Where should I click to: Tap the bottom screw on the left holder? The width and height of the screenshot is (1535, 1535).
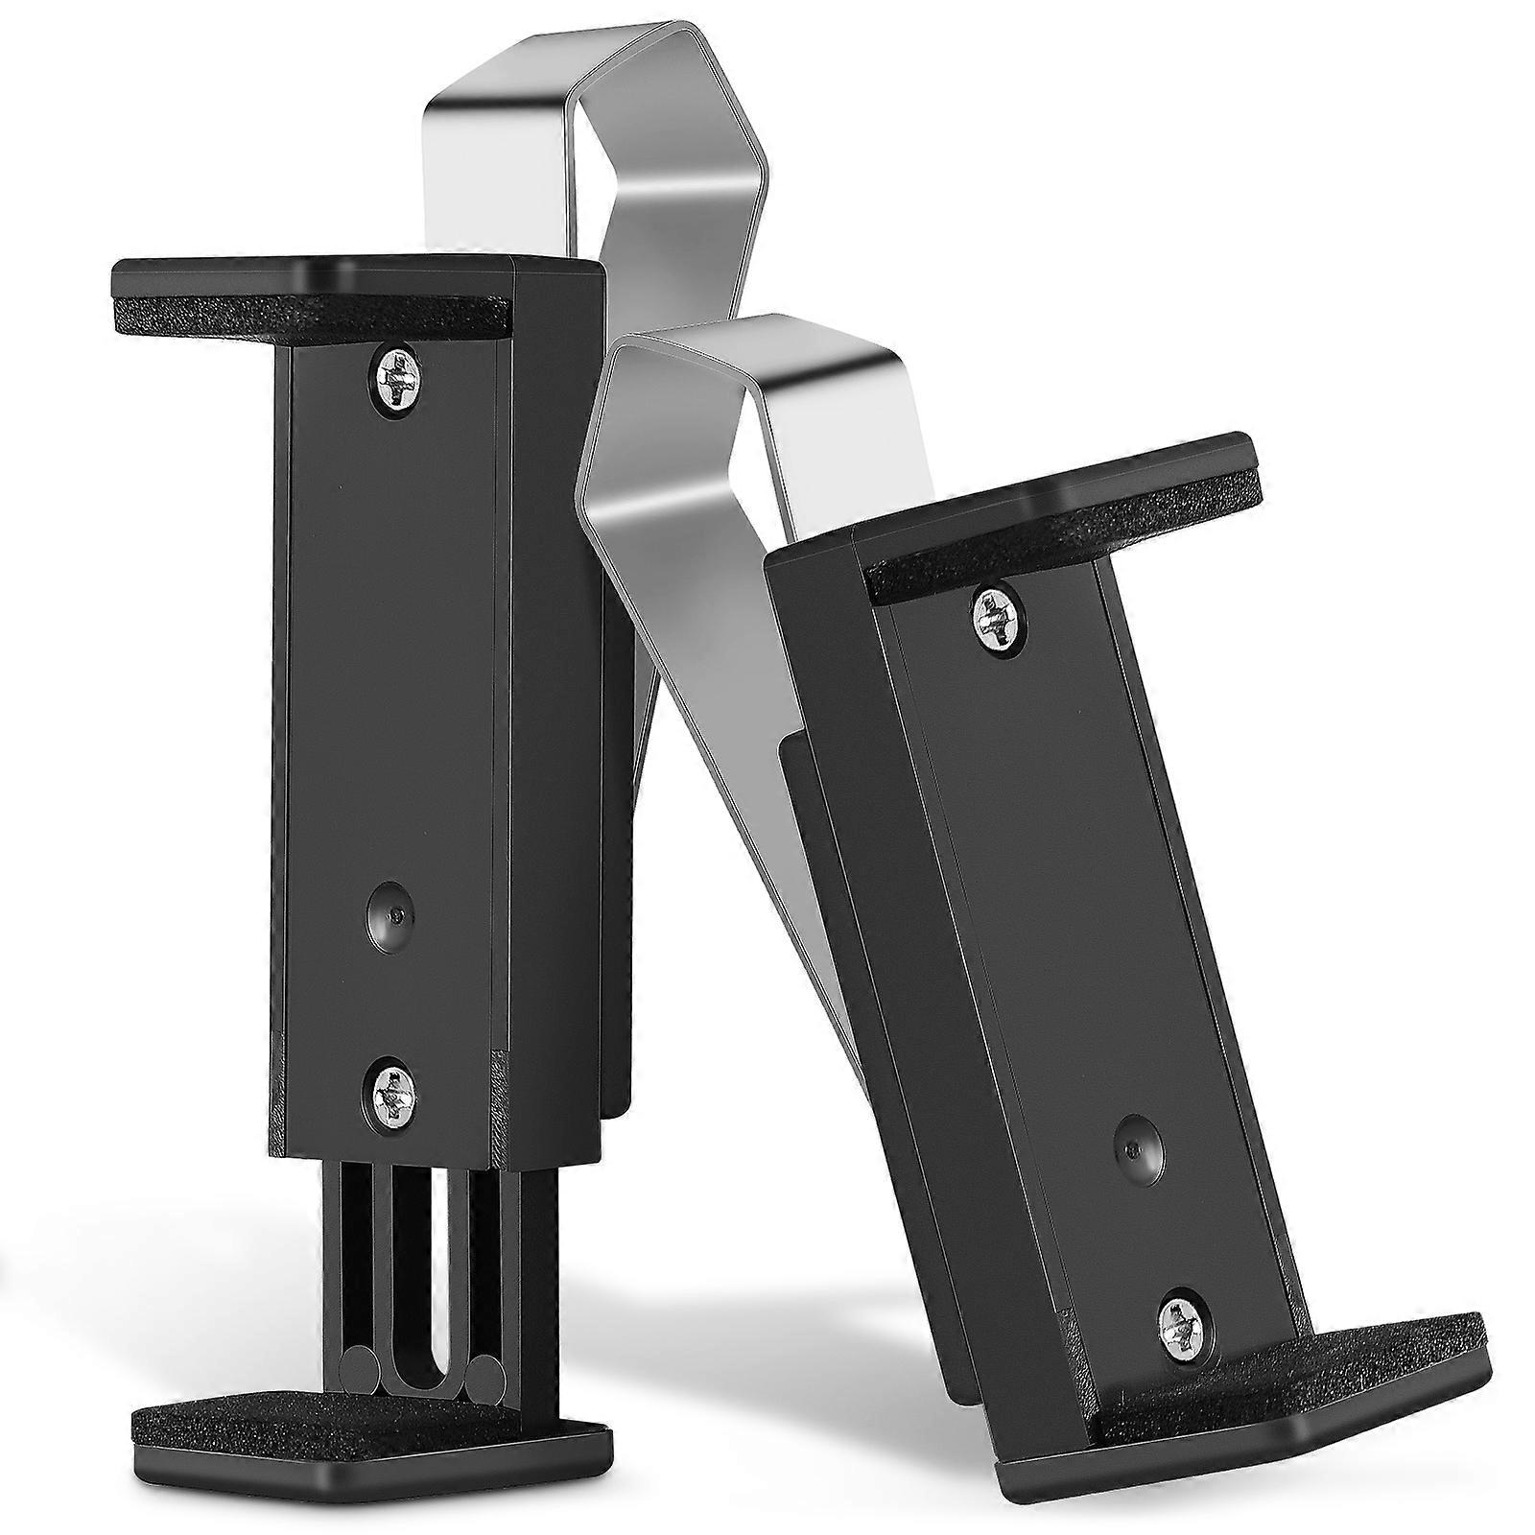(x=394, y=1090)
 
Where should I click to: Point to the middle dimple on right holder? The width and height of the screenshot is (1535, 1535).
(x=1137, y=1149)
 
